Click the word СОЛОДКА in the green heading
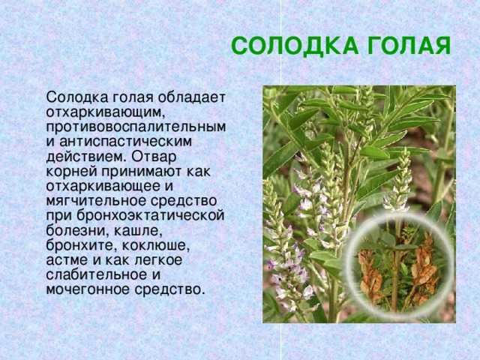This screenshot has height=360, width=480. coord(295,46)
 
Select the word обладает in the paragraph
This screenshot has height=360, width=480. coord(192,98)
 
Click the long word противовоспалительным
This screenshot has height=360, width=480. coord(136,127)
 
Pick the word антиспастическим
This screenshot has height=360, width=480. coord(126,142)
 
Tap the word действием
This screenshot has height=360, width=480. coord(86,157)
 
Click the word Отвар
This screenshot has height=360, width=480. coord(154,157)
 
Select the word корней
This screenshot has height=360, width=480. coord(72,172)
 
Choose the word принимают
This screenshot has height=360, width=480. coord(142,172)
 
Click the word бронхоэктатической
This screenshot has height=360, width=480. coord(150,216)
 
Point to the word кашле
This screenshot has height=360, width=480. coord(138,231)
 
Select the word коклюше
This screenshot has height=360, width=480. coord(156,246)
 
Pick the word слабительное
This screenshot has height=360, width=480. coord(96,275)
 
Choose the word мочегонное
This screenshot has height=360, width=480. coord(88,289)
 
